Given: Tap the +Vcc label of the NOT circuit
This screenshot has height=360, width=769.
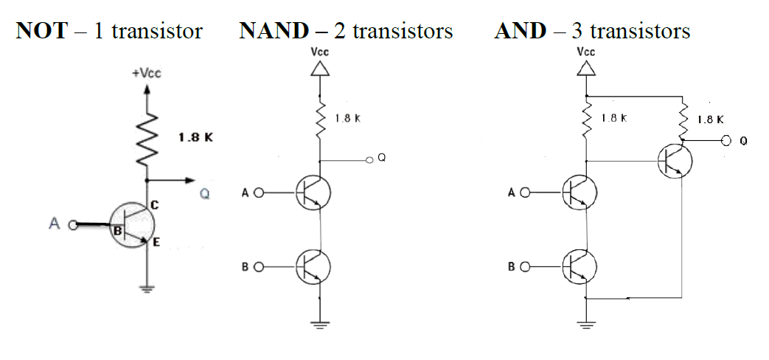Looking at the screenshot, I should [x=147, y=75].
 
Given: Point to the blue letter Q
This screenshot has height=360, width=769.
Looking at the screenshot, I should [x=205, y=195].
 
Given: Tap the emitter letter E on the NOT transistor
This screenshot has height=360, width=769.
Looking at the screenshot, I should [x=157, y=241].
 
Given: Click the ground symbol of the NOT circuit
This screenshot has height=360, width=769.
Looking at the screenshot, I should [x=148, y=289].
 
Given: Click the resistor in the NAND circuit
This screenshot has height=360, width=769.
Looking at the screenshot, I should [x=321, y=118].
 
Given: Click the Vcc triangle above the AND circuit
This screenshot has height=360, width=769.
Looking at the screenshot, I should [x=586, y=69].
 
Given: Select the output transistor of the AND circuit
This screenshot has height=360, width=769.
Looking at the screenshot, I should [x=674, y=161].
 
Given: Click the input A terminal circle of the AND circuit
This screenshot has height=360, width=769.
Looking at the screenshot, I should [x=524, y=193].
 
